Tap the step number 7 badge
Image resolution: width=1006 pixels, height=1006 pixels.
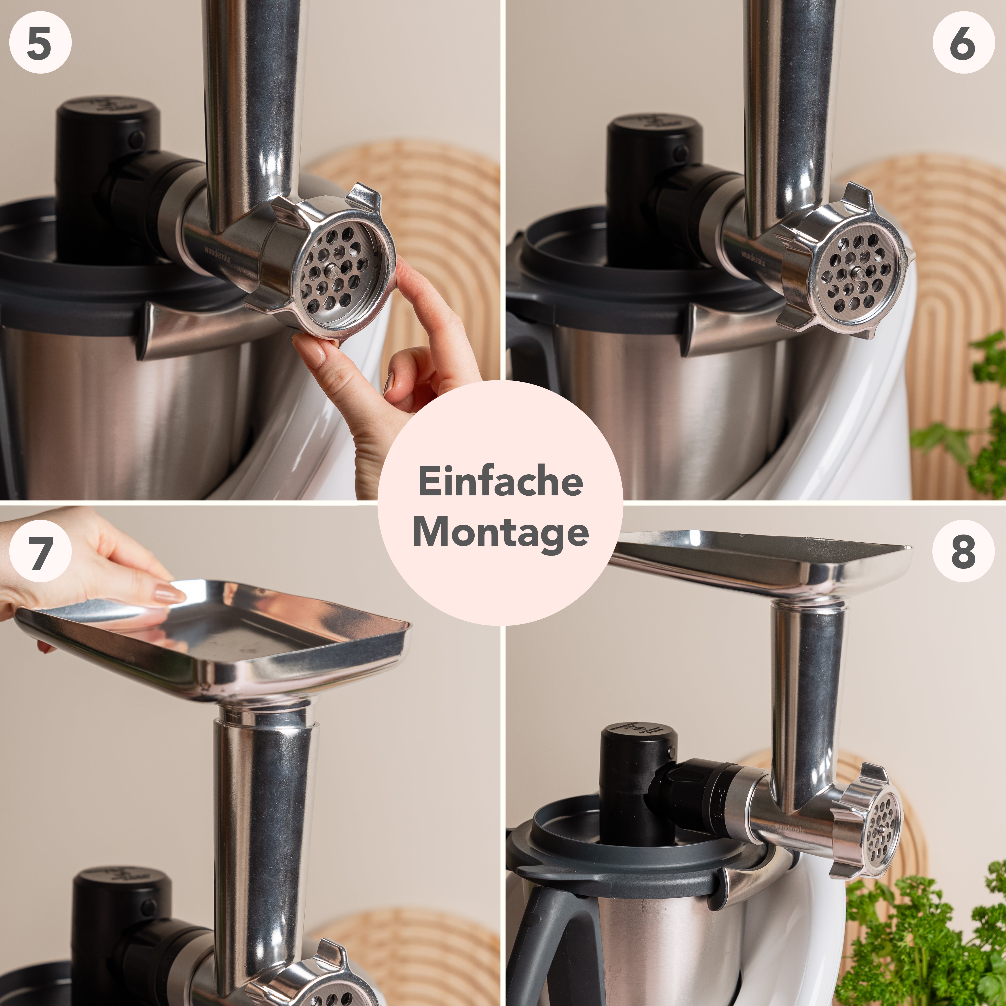coord(40,551)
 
